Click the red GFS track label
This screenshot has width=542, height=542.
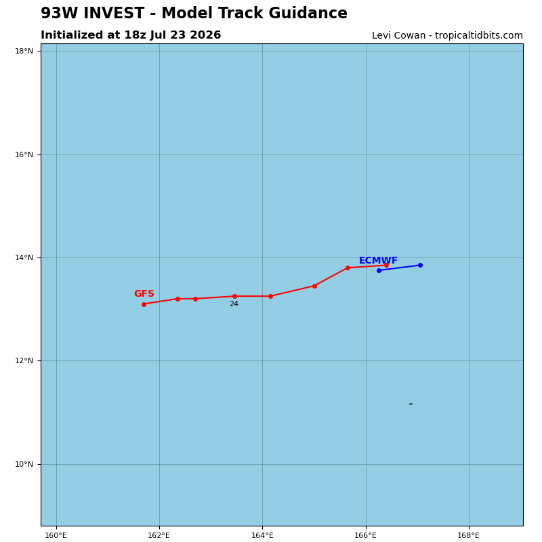144,293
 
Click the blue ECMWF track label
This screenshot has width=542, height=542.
378,260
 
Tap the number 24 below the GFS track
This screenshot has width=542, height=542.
234,304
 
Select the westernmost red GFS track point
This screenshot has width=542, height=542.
144,304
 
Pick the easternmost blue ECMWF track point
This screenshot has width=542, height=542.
420,265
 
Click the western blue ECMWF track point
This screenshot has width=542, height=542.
379,270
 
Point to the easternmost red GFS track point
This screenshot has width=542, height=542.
386,265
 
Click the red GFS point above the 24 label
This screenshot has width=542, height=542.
234,296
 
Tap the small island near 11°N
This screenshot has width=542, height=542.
411,404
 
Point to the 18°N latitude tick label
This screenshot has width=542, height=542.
24,51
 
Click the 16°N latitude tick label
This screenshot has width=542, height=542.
24,154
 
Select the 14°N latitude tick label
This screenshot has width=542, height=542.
24,257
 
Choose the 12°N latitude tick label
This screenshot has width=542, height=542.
24,360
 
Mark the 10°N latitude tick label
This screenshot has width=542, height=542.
24,464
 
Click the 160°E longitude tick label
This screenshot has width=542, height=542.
56,535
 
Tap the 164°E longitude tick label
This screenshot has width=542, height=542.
262,535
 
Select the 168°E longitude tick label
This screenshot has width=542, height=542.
468,535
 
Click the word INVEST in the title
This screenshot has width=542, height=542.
114,13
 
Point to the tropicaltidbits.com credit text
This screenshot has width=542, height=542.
479,36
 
